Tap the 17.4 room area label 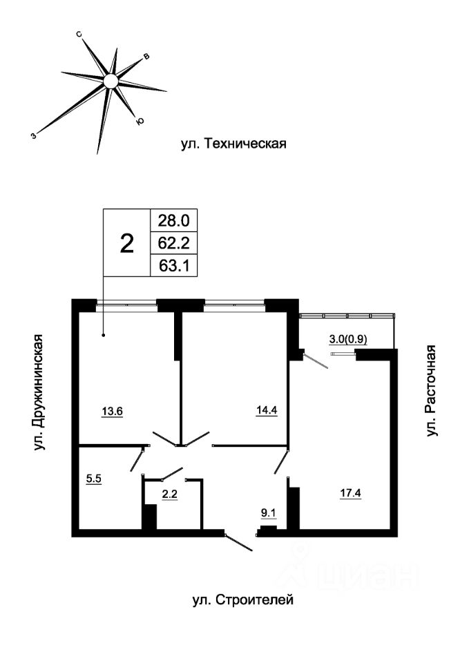tap(351, 492)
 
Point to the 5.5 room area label tap(94, 479)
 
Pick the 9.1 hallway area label tap(268, 513)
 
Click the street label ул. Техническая tap(234, 144)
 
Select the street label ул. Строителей tap(242, 599)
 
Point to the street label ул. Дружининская tap(39, 392)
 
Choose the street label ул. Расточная tap(430, 391)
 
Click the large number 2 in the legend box tap(127, 244)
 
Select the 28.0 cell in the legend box tap(174, 220)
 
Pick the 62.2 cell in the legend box tap(174, 243)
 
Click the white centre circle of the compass tap(111, 81)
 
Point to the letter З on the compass tap(33, 135)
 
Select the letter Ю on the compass tap(140, 122)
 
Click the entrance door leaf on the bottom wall tap(238, 543)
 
